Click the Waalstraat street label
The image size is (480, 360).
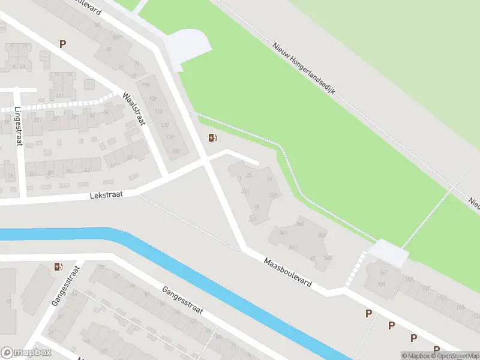(134, 109)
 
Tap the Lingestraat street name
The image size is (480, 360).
(18, 126)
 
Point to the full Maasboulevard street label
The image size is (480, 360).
(288, 273)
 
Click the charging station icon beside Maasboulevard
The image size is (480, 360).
(212, 138)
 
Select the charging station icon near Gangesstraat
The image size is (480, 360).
(58, 266)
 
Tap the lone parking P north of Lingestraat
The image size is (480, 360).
(62, 44)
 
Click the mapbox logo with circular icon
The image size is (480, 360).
(26, 353)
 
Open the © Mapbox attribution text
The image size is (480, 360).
(415, 356)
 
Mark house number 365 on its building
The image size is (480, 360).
(300, 224)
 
